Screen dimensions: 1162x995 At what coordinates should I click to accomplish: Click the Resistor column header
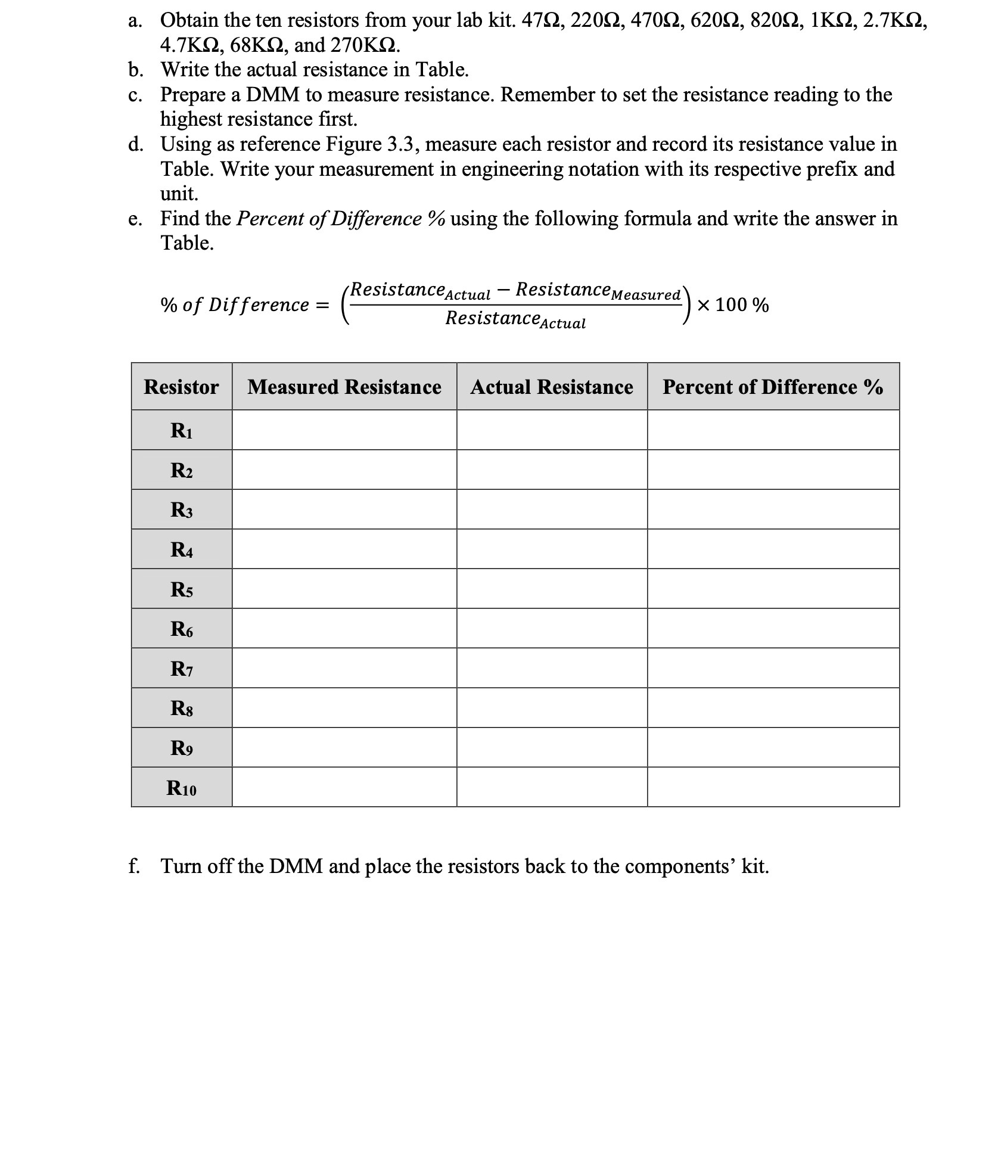(181, 387)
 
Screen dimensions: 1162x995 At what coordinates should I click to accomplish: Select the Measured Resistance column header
(344, 387)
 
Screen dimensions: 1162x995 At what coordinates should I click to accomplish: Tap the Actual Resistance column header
(552, 387)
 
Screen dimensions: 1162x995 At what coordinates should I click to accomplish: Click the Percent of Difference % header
(773, 387)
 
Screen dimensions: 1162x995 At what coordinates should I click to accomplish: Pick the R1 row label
(181, 430)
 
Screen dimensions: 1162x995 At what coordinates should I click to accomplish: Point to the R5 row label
(181, 589)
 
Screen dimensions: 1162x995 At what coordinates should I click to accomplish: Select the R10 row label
(181, 788)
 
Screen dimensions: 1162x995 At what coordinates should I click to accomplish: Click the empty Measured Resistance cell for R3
(344, 509)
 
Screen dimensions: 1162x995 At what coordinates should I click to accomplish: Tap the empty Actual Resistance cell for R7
(552, 668)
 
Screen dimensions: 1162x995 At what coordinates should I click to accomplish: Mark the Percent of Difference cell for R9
(773, 747)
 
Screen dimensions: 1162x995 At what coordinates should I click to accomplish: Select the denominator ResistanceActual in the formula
(515, 319)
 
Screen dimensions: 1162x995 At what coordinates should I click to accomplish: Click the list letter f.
(134, 866)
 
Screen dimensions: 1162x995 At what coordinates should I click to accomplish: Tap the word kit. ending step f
(755, 866)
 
